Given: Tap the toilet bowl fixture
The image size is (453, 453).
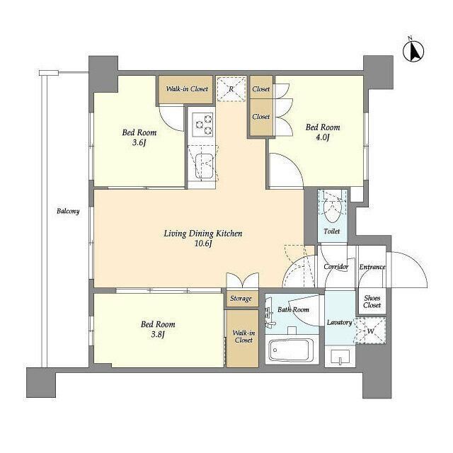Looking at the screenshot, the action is click(x=332, y=207).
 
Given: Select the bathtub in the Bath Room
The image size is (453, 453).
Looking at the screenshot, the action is click(x=291, y=350).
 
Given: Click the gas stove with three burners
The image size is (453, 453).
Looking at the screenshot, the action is click(x=203, y=125).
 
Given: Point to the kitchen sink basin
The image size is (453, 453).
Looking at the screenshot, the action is click(x=205, y=166).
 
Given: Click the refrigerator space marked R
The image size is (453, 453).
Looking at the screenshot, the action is click(x=231, y=89).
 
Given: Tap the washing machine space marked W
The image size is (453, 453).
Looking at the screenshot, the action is click(x=371, y=331).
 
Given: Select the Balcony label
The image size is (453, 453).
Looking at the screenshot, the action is click(x=68, y=211).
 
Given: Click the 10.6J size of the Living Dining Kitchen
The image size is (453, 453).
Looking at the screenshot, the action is click(x=203, y=243).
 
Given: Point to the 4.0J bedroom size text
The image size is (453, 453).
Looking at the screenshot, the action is click(x=322, y=137).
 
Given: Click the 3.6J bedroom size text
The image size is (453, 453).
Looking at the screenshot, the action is click(x=139, y=142).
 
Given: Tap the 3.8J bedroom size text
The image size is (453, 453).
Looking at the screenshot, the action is click(x=157, y=335).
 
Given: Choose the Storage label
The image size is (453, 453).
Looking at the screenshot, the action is click(x=241, y=299).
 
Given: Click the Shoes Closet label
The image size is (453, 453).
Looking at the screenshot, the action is click(x=372, y=302).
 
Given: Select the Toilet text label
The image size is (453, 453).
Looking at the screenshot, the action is click(x=332, y=231).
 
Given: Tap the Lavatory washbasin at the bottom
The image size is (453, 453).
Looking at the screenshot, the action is click(x=340, y=357).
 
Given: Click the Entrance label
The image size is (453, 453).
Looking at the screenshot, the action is click(x=372, y=267).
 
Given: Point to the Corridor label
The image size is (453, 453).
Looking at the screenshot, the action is click(x=336, y=267).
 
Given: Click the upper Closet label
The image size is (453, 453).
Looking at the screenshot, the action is click(x=261, y=89).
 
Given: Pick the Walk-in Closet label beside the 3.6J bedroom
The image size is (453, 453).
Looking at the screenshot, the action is click(x=187, y=88).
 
